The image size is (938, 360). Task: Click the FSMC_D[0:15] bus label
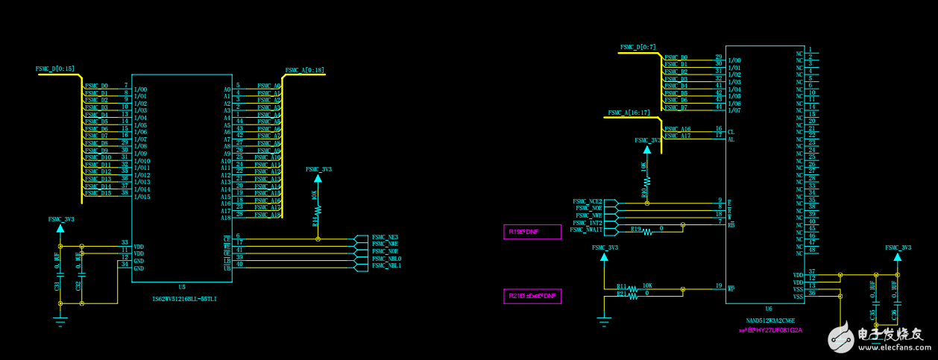point(55,69)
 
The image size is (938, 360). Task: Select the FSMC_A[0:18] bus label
point(304,70)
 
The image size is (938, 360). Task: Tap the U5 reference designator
point(182,287)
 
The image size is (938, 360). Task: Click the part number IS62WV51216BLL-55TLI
point(184,299)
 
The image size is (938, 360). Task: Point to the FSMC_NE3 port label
point(385,237)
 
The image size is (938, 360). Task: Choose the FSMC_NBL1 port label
point(386,265)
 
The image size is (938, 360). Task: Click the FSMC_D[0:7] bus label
point(638,47)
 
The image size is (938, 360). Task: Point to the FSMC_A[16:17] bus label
point(629,113)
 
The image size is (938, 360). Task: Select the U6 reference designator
point(768,308)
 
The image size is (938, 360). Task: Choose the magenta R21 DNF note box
point(532,296)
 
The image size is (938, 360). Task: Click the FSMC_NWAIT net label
point(586,230)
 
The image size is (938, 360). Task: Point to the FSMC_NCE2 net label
point(587,201)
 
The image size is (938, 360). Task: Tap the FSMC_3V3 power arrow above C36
point(897,256)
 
